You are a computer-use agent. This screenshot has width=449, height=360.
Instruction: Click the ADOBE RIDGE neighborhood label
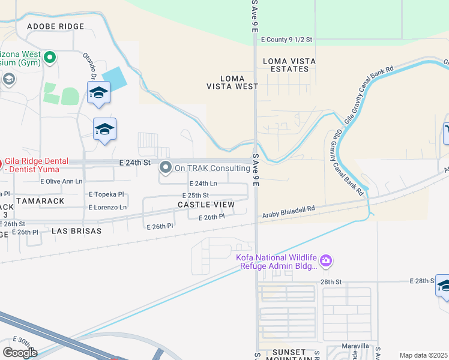[x=56, y=26]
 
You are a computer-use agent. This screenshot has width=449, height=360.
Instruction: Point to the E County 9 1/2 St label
[x=287, y=39]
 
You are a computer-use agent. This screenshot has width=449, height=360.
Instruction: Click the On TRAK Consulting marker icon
[x=166, y=167]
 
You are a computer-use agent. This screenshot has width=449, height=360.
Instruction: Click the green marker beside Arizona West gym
[x=50, y=58]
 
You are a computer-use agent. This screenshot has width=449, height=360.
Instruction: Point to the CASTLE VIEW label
[x=206, y=205]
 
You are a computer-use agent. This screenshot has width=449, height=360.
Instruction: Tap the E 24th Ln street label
[x=203, y=184]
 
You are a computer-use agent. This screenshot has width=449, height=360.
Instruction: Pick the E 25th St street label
[x=195, y=195]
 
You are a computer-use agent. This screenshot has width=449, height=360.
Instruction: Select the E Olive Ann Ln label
[x=61, y=181]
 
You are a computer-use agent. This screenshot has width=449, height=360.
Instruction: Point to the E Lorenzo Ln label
[x=107, y=207]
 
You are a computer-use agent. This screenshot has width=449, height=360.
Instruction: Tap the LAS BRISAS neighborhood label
[x=76, y=230]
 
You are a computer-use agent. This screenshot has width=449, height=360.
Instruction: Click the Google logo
[x=20, y=352]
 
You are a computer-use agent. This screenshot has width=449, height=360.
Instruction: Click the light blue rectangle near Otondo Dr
[x=115, y=78]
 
